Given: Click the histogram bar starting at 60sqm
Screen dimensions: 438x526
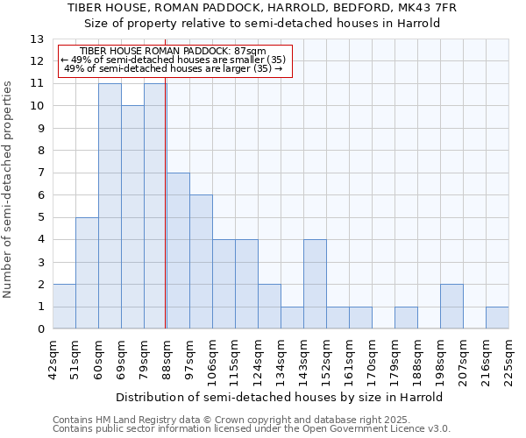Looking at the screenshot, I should pos(110,206).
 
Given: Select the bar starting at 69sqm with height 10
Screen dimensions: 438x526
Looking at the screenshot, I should pos(132,217).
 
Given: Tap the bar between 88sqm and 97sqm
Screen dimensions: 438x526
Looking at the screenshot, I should pos(178,251).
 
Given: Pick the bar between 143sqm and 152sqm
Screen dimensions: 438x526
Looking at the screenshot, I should pos(315,284).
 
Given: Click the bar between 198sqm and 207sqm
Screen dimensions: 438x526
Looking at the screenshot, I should pos(451,307).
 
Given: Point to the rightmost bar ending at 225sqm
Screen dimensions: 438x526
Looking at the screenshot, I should pos(497,318).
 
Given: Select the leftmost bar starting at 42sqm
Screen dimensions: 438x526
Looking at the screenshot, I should pos(64,307).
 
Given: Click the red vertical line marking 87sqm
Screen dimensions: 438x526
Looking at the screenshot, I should pos(165,210).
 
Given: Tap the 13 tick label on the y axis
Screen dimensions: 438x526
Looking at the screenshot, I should pos(37,39).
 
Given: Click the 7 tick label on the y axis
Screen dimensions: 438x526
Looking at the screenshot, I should pos(40,173).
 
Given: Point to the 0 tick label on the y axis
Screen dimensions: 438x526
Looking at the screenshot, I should pos(40,329).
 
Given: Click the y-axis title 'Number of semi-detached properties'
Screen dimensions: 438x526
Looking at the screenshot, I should pos(9,189).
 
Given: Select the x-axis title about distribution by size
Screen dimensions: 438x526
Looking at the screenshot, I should pos(281,397).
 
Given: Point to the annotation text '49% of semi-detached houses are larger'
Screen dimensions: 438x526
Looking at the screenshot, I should pos(174,68).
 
